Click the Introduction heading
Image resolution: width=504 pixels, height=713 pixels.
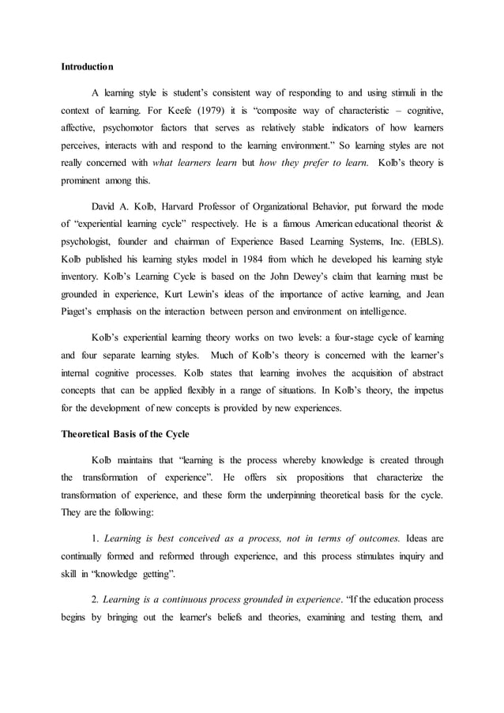(88, 66)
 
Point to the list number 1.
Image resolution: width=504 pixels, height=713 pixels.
(96, 538)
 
